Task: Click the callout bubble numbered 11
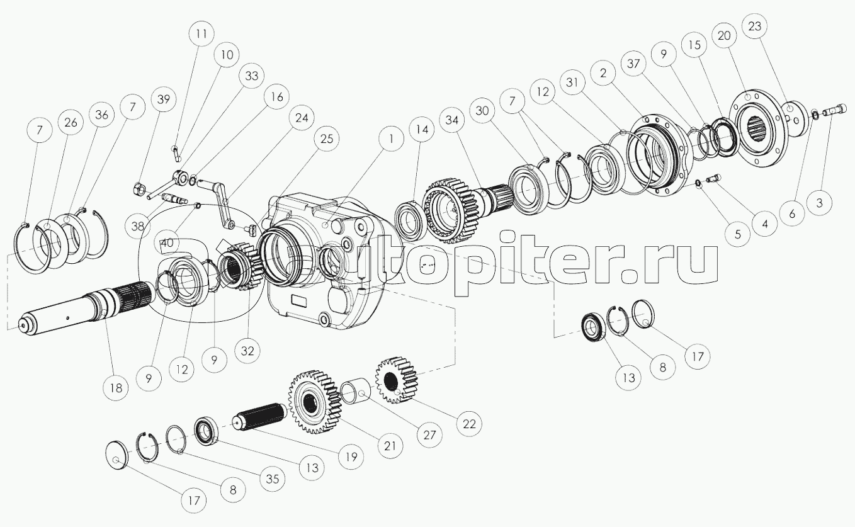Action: point(202,33)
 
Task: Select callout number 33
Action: point(252,76)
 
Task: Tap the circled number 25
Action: point(327,139)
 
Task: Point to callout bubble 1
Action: point(391,139)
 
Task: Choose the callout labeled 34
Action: point(452,120)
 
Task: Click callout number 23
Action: point(755,26)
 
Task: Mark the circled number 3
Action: point(820,203)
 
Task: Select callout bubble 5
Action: point(737,234)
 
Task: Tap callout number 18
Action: point(116,388)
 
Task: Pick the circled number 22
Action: point(469,424)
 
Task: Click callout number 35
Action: point(273,479)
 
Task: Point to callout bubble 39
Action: point(163,99)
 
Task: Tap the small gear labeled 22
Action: point(396,380)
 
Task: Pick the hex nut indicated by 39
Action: point(139,188)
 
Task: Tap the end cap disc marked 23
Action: point(794,118)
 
